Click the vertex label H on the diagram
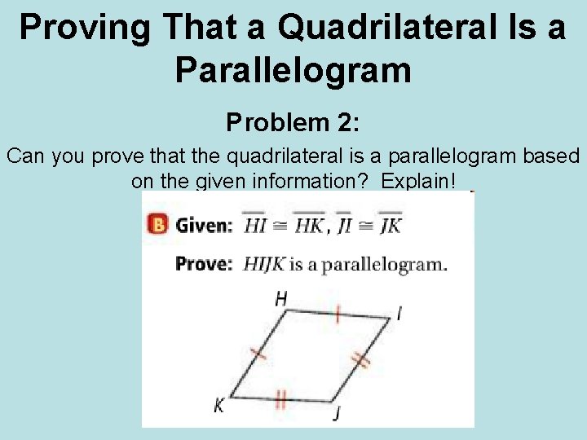pyautogui.click(x=280, y=299)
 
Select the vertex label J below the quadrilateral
pyautogui.click(x=336, y=414)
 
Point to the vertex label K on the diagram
pyautogui.click(x=218, y=405)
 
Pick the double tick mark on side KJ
pyautogui.click(x=281, y=399)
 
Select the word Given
pyautogui.click(x=204, y=225)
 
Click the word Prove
pyautogui.click(x=205, y=264)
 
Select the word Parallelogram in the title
pyautogui.click(x=293, y=71)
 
